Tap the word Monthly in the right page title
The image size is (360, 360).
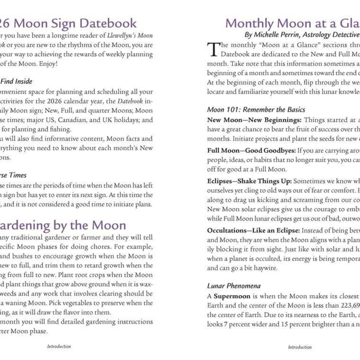[x=249, y=23]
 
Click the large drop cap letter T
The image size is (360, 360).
[x=213, y=49]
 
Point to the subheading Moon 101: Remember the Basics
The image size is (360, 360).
[x=256, y=109]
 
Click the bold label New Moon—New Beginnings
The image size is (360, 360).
[x=254, y=120]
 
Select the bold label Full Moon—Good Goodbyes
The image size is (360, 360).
[x=251, y=151]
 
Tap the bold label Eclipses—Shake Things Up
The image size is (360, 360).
[x=249, y=181]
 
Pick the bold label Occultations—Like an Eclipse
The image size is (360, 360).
[x=253, y=230]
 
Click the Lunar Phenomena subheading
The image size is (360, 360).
[x=234, y=286]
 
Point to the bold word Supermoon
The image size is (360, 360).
[x=232, y=296]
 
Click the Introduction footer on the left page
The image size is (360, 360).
[x=59, y=346]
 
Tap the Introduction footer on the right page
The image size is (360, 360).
[x=300, y=347]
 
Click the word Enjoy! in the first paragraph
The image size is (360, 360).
[x=48, y=64]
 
